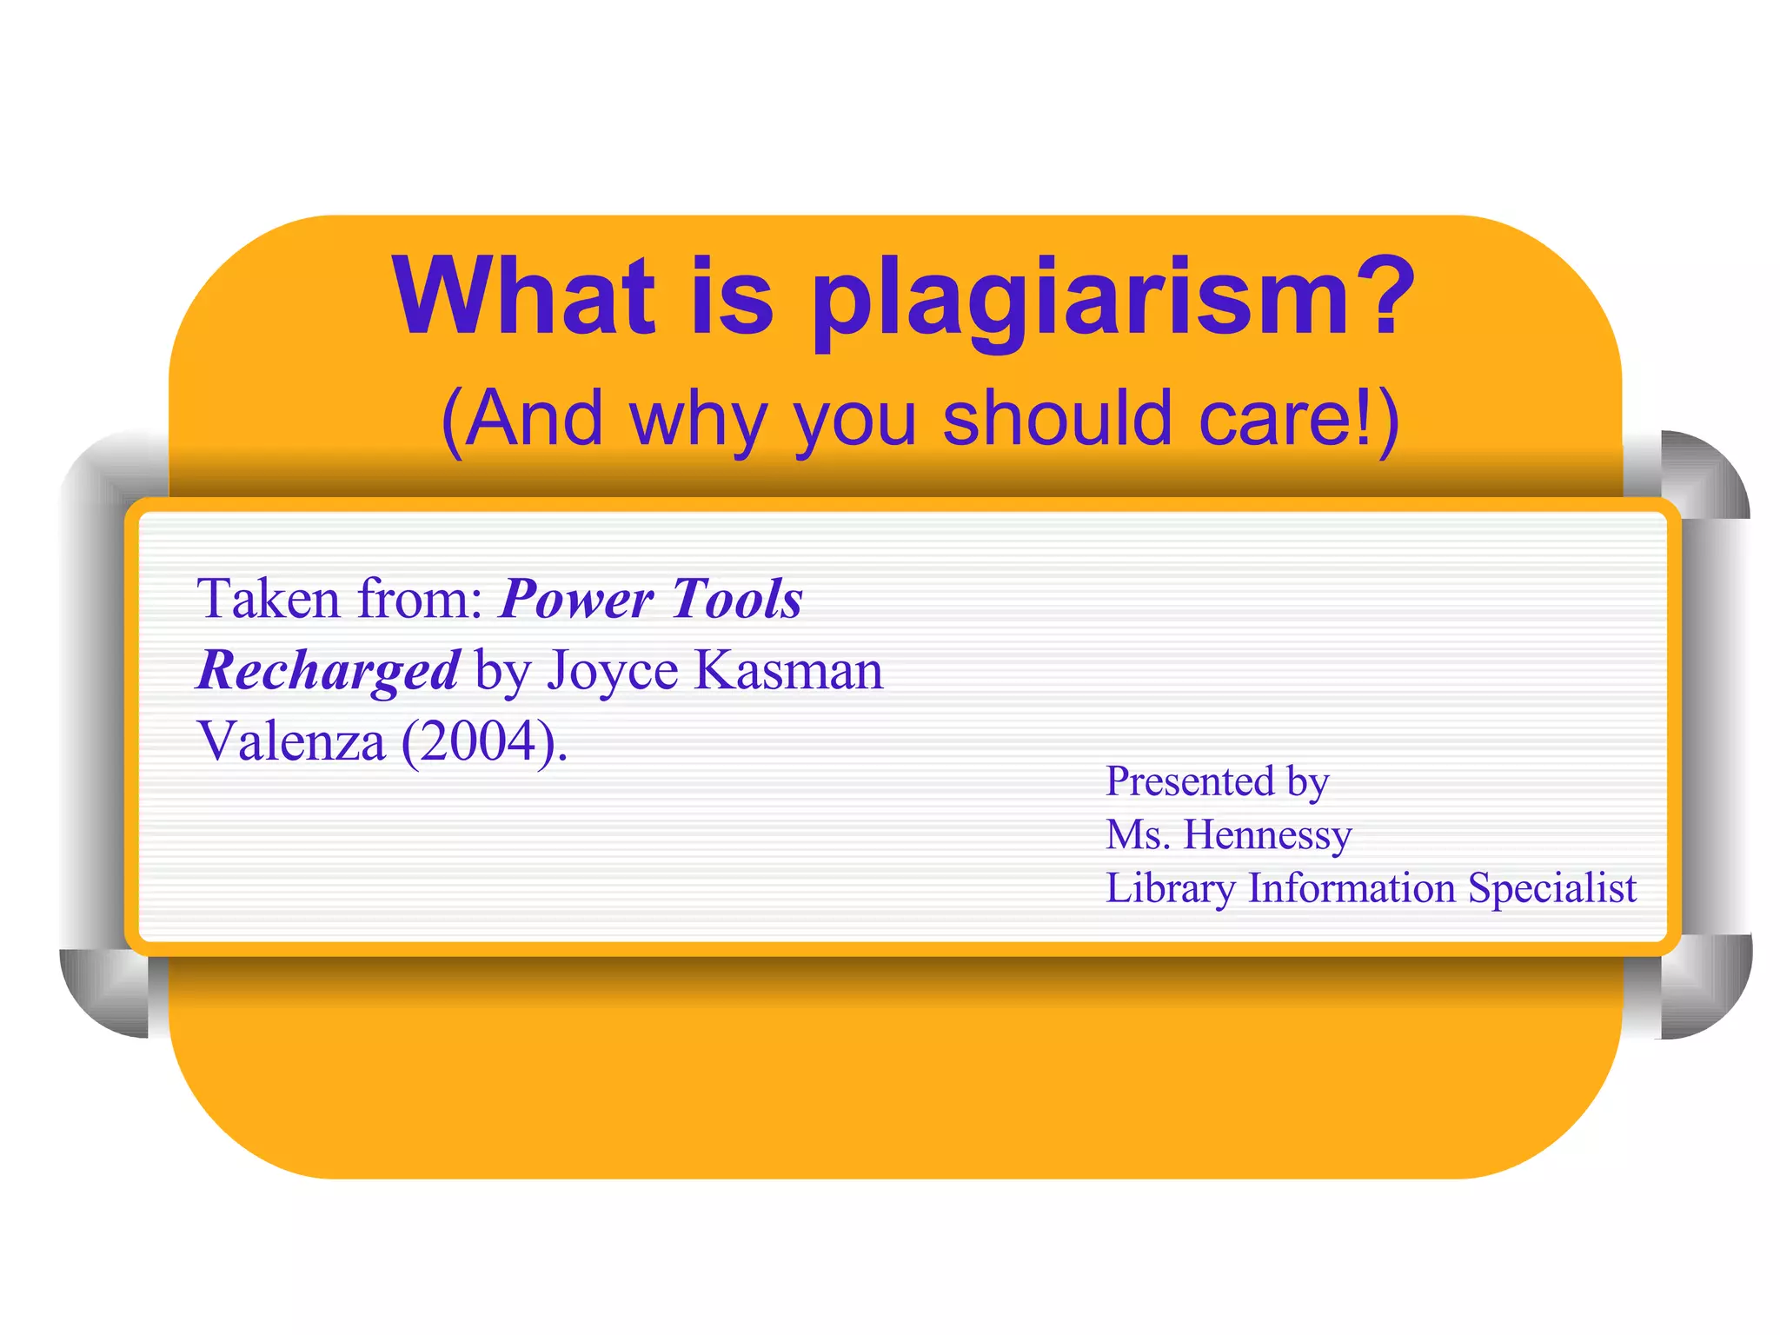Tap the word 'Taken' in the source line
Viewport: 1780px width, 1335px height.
pos(268,599)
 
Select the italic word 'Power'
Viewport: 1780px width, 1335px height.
pos(577,601)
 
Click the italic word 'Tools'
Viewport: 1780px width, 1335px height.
pos(737,599)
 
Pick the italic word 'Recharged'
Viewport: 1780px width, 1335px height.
pos(328,672)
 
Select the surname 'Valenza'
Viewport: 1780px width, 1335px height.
pos(291,741)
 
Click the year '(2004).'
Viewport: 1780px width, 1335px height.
pos(484,742)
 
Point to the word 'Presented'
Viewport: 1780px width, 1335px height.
pos(1189,780)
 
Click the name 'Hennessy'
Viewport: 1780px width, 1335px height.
pos(1267,834)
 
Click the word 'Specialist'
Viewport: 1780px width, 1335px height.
pos(1552,888)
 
